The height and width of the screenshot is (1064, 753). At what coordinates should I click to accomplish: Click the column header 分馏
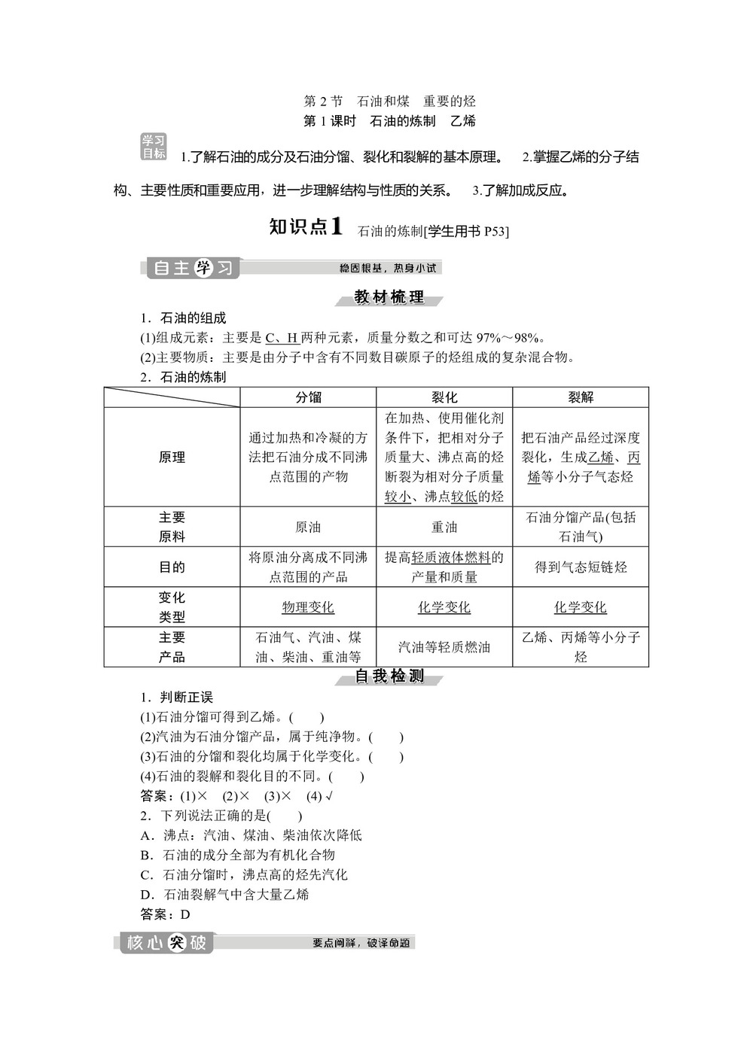(308, 397)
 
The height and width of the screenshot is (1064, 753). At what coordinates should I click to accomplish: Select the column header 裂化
(444, 397)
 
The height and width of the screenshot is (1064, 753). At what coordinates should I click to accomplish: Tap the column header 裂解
(581, 397)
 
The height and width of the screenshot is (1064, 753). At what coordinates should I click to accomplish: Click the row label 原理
(172, 458)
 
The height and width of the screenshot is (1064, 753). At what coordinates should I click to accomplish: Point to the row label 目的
(172, 567)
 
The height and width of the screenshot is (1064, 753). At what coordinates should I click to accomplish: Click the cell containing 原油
(308, 527)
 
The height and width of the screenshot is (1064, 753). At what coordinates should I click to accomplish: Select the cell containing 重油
(444, 527)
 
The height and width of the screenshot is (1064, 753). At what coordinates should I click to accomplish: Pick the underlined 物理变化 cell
(308, 607)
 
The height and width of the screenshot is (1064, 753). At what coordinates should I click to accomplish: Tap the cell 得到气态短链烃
(581, 567)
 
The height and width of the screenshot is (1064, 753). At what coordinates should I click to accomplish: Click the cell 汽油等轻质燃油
(444, 647)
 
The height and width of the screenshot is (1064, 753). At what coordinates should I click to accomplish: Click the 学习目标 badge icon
(154, 147)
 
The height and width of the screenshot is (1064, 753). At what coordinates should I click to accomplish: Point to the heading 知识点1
(306, 227)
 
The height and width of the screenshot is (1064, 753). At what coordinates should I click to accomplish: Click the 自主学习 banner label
(193, 268)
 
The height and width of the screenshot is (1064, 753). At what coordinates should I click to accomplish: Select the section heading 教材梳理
(389, 297)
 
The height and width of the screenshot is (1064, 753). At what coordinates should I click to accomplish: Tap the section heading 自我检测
(389, 676)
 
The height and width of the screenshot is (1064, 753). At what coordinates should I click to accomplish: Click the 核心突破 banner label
(166, 943)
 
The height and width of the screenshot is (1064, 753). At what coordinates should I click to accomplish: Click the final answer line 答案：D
(166, 914)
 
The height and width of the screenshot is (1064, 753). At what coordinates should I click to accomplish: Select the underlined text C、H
(282, 338)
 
